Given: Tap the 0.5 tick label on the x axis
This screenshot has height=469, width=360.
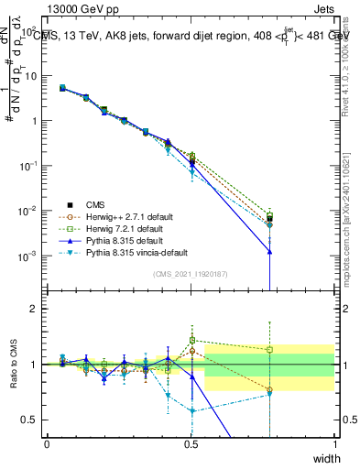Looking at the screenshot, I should (191, 444).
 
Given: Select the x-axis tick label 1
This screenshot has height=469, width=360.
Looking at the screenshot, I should (335, 444).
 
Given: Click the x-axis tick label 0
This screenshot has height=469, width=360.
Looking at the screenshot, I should (48, 444).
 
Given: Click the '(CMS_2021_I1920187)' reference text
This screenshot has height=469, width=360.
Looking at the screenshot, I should (191, 274).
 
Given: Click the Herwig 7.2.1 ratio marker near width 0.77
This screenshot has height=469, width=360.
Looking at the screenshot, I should (270, 349).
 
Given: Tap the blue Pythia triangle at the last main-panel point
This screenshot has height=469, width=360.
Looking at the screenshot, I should (270, 251).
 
